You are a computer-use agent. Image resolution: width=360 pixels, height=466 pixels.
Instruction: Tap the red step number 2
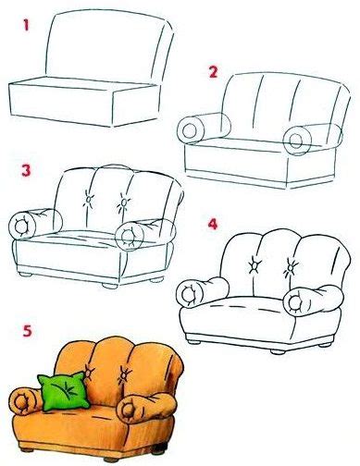click(214, 71)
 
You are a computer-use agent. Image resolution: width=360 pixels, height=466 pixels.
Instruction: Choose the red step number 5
click(25, 330)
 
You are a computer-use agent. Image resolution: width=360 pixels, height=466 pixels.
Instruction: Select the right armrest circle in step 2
click(298, 141)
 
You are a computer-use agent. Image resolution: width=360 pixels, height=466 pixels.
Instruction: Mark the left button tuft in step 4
click(253, 266)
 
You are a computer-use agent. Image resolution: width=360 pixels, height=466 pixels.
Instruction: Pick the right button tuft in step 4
click(291, 268)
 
